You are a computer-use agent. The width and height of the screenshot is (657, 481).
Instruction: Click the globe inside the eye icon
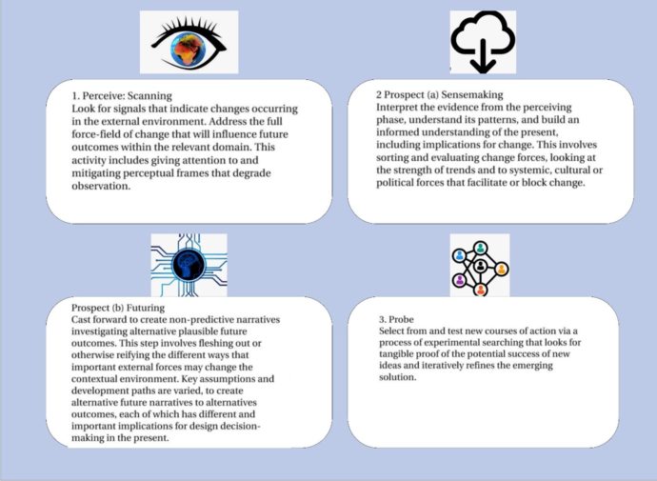(189, 50)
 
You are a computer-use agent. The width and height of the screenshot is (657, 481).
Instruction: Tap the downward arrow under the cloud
(483, 56)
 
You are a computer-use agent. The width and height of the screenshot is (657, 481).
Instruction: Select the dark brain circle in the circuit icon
(189, 265)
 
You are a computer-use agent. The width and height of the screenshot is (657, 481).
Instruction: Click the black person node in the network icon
(480, 266)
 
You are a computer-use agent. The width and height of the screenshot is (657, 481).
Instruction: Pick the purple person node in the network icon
(460, 279)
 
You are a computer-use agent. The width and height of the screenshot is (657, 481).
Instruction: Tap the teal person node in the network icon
(480, 248)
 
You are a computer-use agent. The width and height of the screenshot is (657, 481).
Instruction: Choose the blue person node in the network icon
(460, 254)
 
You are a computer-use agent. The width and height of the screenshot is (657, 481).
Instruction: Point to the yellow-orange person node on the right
(502, 269)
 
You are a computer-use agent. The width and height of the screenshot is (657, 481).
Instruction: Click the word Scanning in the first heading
(149, 96)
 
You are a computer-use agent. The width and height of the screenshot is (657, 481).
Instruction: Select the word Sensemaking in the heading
(472, 94)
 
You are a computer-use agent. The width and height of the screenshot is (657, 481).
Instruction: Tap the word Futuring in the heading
(146, 308)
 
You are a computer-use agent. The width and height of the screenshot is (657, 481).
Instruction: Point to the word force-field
(93, 134)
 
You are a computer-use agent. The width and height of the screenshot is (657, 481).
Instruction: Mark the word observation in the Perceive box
(101, 186)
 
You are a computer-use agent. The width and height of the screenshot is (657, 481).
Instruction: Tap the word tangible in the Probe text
(396, 354)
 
